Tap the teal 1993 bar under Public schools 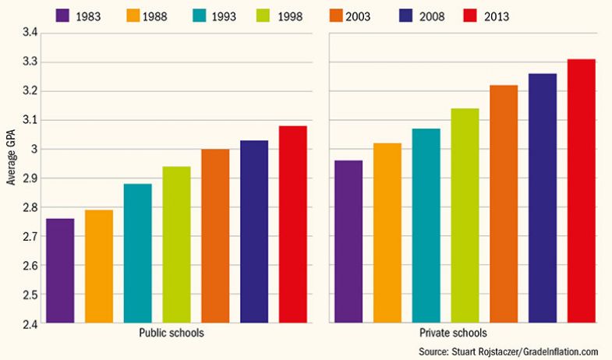click(x=137, y=253)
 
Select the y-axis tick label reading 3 click(x=35, y=149)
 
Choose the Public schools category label click(x=175, y=333)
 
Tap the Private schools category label click(x=463, y=333)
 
